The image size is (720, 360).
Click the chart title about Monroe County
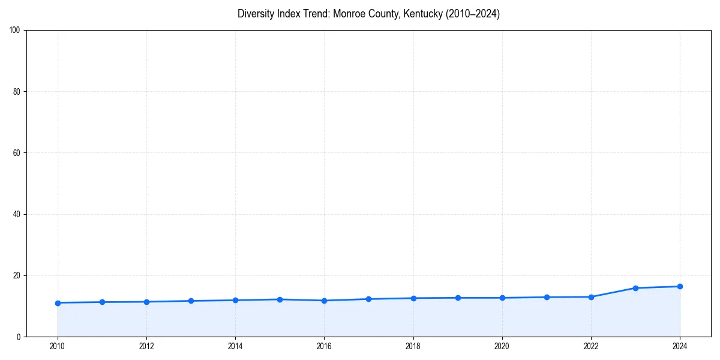click(368, 14)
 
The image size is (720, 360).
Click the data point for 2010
click(58, 303)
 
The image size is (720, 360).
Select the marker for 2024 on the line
click(680, 286)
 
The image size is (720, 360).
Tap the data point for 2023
click(635, 288)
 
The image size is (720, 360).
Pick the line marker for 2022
click(591, 297)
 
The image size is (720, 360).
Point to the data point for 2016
click(324, 301)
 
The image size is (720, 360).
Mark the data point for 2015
click(280, 299)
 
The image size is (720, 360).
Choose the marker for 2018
click(413, 298)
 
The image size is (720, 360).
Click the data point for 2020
click(502, 298)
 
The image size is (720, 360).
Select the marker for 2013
click(191, 301)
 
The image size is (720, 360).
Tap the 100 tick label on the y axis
click(15, 31)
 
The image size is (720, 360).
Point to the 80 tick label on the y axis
click(17, 92)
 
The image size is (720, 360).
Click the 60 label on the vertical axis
click(17, 153)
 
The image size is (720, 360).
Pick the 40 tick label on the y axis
click(17, 214)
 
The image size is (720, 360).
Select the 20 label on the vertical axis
click(17, 275)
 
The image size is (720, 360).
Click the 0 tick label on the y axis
click(19, 337)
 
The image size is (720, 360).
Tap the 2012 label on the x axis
click(146, 346)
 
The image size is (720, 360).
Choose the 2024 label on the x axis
click(680, 346)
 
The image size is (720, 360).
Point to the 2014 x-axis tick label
click(235, 346)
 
